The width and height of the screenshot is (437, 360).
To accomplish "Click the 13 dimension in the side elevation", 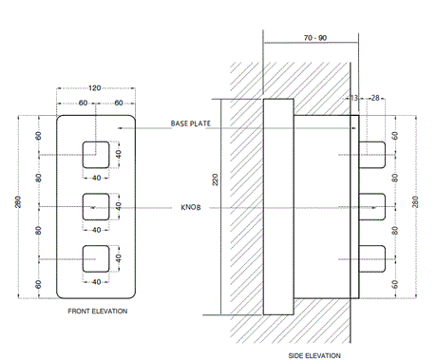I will [354, 98].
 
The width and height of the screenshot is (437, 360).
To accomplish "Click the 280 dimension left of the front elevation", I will [18, 205].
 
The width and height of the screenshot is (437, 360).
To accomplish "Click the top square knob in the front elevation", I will [97, 153].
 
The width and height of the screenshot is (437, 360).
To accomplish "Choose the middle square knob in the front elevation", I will [97, 205].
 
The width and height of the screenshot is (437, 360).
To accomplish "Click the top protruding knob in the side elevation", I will [371, 150].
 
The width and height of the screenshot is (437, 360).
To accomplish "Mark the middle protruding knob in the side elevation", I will [371, 203].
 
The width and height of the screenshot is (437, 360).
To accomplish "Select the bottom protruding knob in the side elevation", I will [371, 256].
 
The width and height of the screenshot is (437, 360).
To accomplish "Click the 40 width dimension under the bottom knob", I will [97, 282].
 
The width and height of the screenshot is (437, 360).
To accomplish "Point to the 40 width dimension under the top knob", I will [97, 177].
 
